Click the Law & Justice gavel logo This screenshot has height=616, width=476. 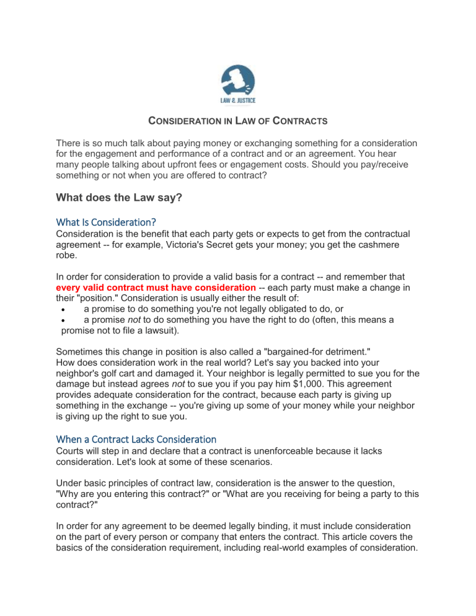238,85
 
